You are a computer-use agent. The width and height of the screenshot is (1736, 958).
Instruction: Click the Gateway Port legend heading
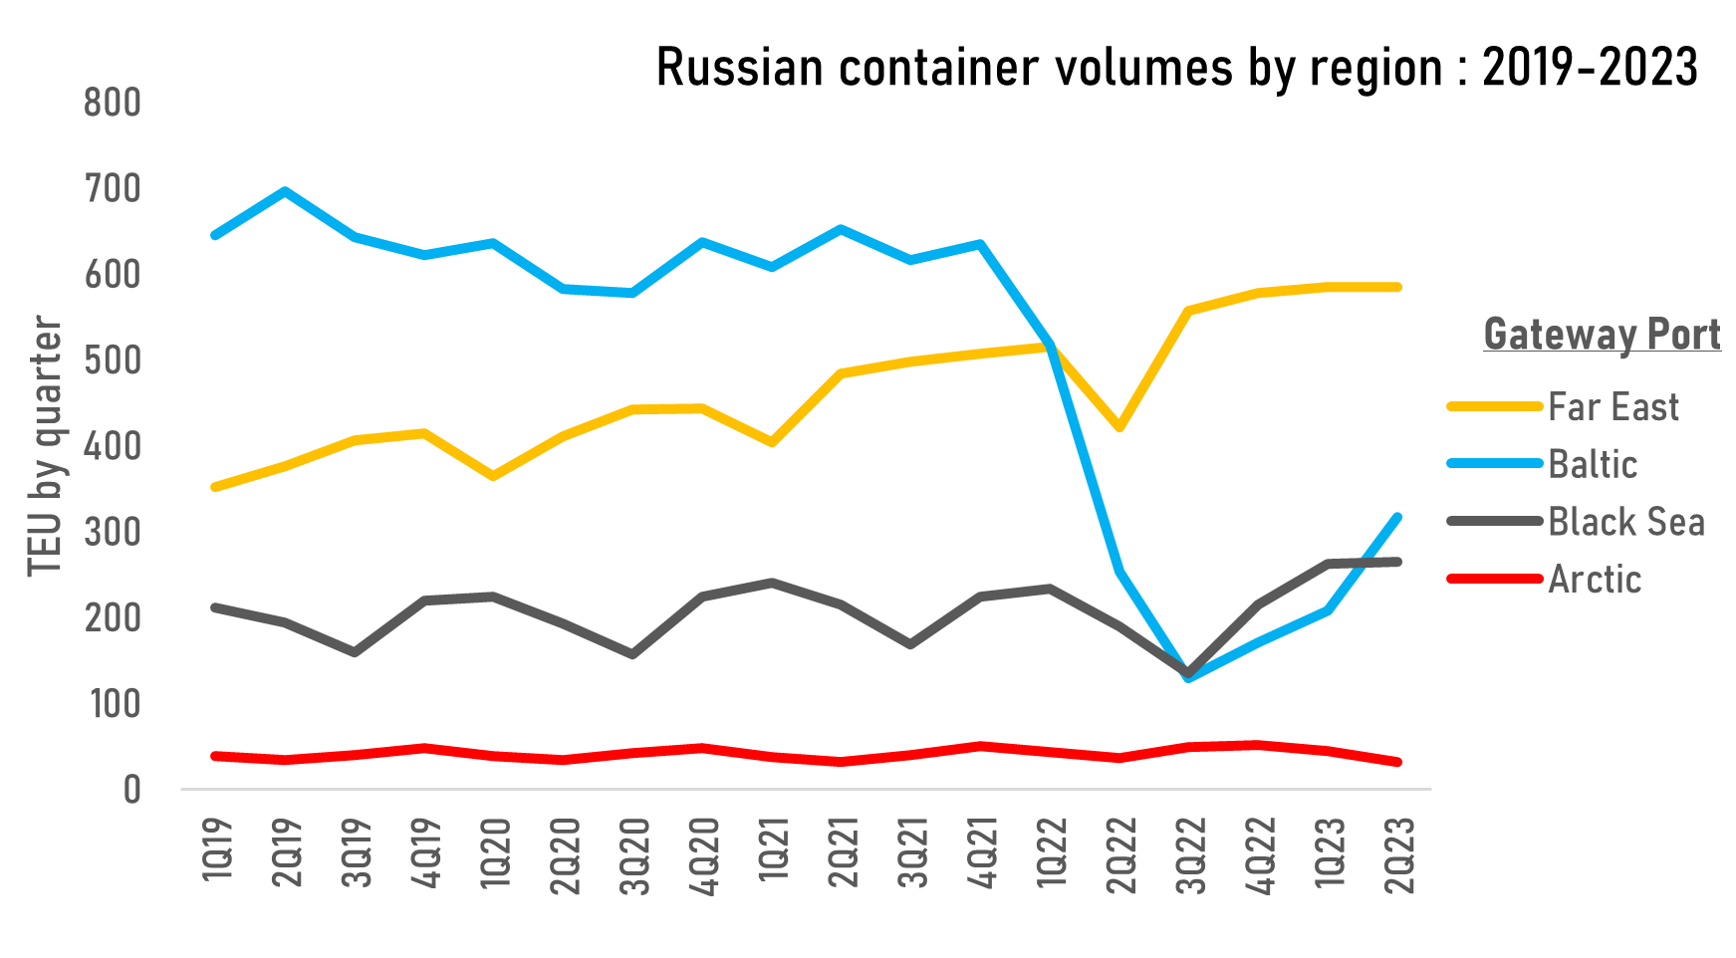1602,334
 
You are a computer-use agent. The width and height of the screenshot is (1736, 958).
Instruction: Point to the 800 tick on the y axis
113,103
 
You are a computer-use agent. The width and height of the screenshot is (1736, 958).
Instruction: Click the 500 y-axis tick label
113,360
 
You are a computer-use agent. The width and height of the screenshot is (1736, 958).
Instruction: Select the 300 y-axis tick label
113,533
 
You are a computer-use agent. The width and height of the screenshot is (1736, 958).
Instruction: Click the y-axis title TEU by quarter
46,445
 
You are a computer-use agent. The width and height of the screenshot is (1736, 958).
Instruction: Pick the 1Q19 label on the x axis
217,848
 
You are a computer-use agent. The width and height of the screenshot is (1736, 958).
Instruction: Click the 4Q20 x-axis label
704,854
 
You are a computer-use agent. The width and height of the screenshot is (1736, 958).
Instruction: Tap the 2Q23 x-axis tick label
1399,854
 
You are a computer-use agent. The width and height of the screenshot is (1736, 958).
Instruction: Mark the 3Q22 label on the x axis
1191,854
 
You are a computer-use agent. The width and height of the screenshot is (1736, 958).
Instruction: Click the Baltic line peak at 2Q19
285,190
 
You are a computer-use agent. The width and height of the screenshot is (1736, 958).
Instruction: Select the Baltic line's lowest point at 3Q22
1189,678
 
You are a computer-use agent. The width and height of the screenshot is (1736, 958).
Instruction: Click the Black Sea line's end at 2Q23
1397,562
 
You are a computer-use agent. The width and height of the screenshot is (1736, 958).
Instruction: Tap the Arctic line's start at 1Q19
215,756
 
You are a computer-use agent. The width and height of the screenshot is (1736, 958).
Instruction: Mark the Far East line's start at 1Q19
215,487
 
